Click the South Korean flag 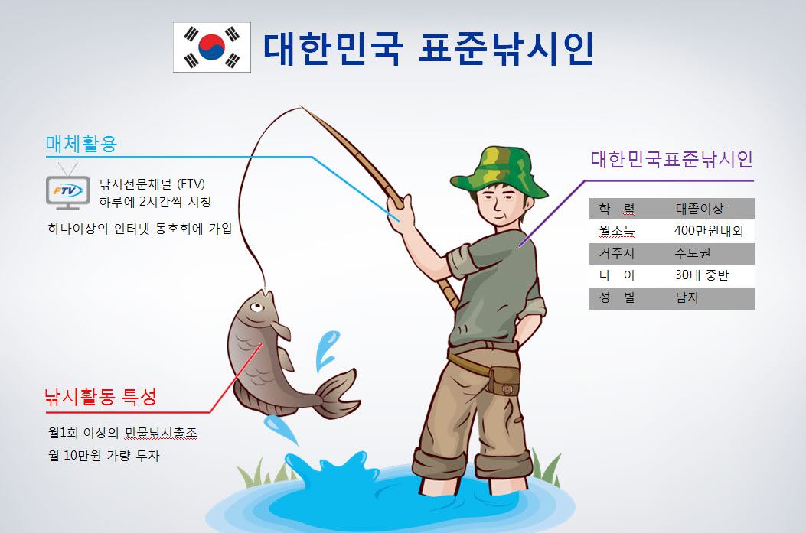[x=212, y=47]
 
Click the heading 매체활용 [x=82, y=144]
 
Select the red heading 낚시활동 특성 [x=101, y=397]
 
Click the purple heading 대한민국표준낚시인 [x=672, y=159]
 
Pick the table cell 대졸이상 [x=699, y=209]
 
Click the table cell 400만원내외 [x=709, y=231]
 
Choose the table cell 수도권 [x=693, y=253]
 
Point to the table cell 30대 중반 [x=702, y=275]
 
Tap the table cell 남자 [x=687, y=297]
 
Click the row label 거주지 [x=616, y=253]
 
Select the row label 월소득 [x=616, y=231]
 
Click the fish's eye [x=256, y=307]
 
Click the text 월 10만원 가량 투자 [x=104, y=456]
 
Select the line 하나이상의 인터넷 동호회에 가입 [x=140, y=229]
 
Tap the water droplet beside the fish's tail [x=326, y=349]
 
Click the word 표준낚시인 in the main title [x=507, y=48]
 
